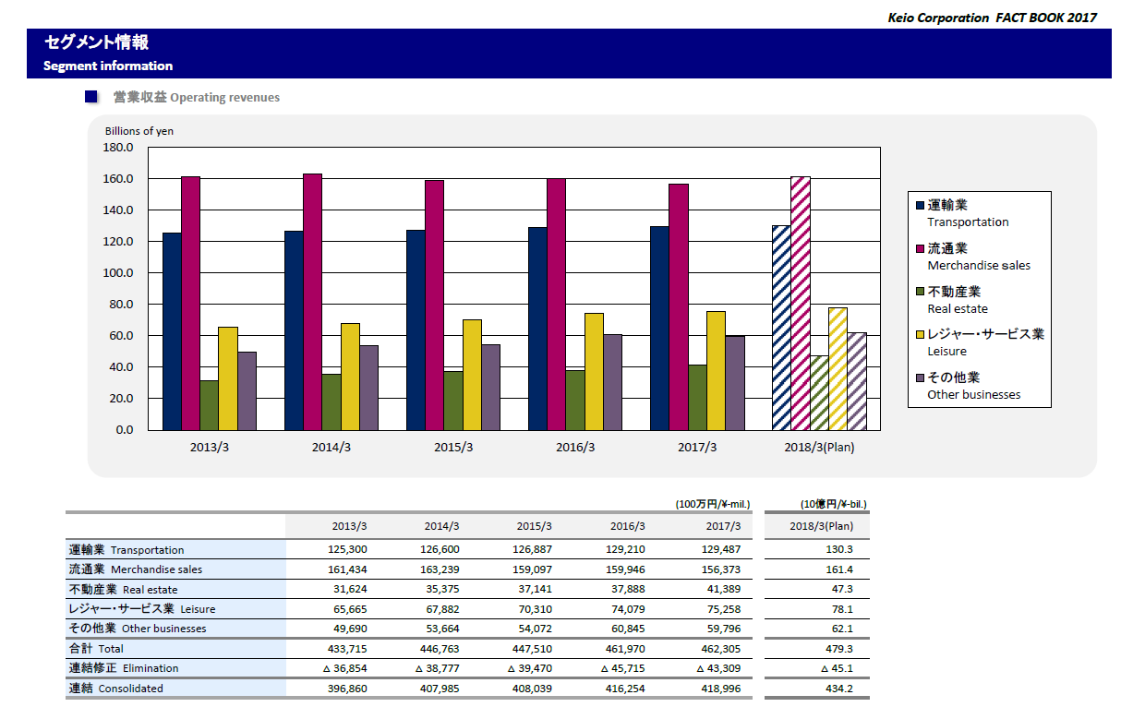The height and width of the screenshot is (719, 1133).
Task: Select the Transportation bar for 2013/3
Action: click(x=172, y=331)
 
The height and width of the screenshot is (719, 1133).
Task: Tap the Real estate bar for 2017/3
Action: click(x=697, y=398)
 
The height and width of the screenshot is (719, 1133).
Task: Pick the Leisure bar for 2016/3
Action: click(x=594, y=372)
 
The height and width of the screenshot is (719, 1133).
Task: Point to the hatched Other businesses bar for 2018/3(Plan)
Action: click(x=857, y=381)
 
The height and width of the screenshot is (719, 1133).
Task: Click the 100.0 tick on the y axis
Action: click(x=118, y=273)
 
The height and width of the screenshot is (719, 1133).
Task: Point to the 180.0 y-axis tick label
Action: click(x=118, y=148)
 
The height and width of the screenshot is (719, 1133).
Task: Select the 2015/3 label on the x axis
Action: click(x=453, y=448)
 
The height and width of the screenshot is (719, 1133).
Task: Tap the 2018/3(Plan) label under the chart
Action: click(x=818, y=448)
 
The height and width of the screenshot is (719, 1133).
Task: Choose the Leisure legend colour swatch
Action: click(x=919, y=334)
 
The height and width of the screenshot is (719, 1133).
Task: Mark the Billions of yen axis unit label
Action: click(x=139, y=131)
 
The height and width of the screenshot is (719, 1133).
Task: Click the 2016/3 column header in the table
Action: click(x=627, y=527)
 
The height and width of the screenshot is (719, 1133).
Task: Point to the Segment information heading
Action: click(x=108, y=66)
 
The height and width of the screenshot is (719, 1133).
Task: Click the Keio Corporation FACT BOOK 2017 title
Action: click(x=992, y=18)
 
